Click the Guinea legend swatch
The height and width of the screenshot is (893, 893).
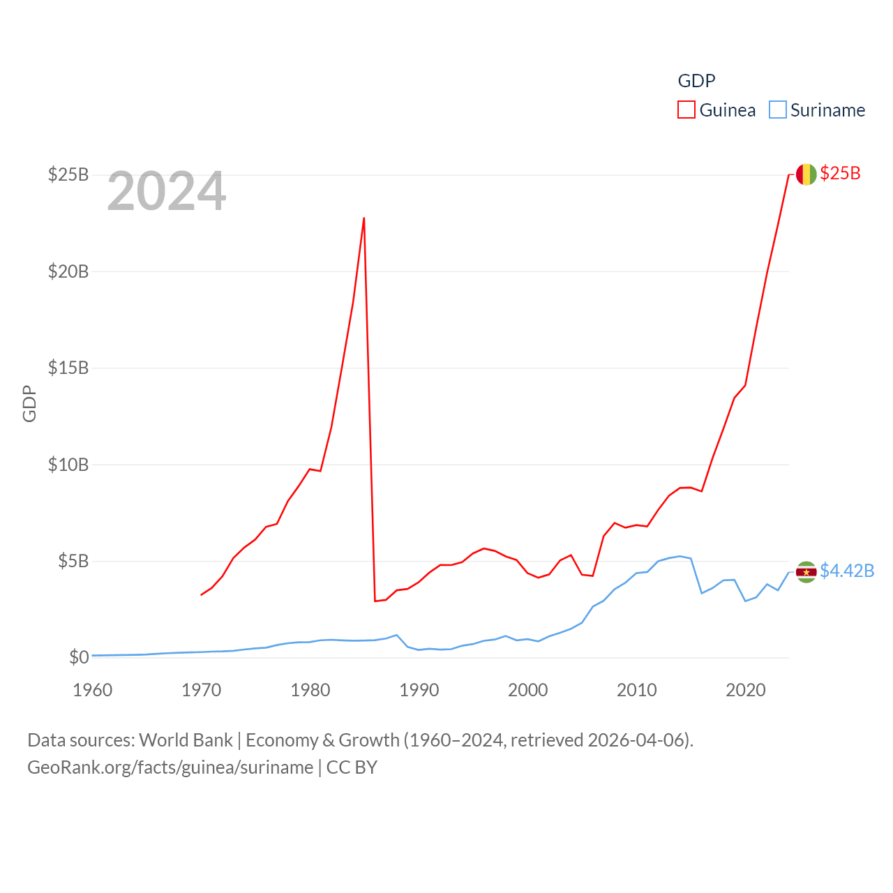[686, 110]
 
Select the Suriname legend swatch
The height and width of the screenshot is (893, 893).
[778, 110]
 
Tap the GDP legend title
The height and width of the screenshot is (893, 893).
[696, 81]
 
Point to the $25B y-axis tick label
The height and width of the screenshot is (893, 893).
[68, 174]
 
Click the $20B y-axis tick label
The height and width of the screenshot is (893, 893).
[68, 271]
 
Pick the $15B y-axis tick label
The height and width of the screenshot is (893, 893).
[68, 368]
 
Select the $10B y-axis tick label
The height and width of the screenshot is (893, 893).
[68, 465]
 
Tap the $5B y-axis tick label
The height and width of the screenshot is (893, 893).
[73, 561]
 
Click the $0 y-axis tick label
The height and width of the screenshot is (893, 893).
[79, 657]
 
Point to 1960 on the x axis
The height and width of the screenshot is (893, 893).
[93, 691]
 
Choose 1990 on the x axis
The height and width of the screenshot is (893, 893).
[419, 691]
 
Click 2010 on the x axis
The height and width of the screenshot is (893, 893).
[637, 691]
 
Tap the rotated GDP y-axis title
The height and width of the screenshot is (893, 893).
[29, 403]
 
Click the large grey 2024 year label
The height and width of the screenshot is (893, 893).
[167, 191]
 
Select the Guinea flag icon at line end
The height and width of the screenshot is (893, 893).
[806, 174]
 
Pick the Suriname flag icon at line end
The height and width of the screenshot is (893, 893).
[806, 572]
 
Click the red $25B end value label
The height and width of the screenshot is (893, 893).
[840, 174]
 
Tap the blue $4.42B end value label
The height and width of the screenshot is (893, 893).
[847, 571]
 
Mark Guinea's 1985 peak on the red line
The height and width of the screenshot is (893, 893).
[364, 218]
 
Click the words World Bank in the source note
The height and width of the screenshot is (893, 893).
[186, 740]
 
